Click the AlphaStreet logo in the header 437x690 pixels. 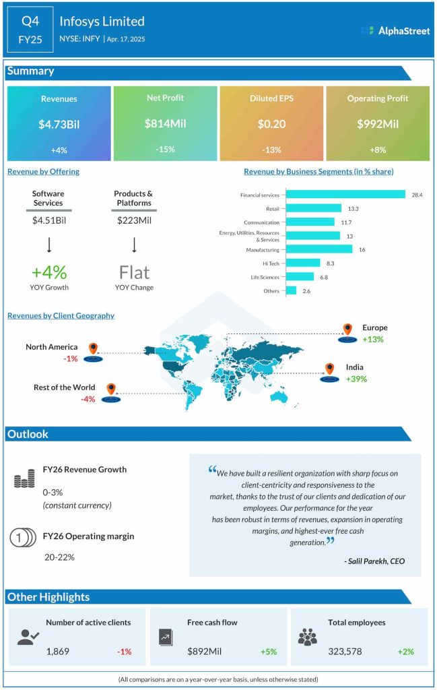[x=395, y=30]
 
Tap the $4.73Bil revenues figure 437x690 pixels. [x=59, y=124]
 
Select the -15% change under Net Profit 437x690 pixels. [x=164, y=149]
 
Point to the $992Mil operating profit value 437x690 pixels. [x=377, y=124]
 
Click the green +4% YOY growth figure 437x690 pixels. [x=48, y=272]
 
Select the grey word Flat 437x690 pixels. [x=134, y=272]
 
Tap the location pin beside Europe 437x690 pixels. [x=347, y=330]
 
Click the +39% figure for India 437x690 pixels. [x=356, y=379]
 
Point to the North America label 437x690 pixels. [x=51, y=347]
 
